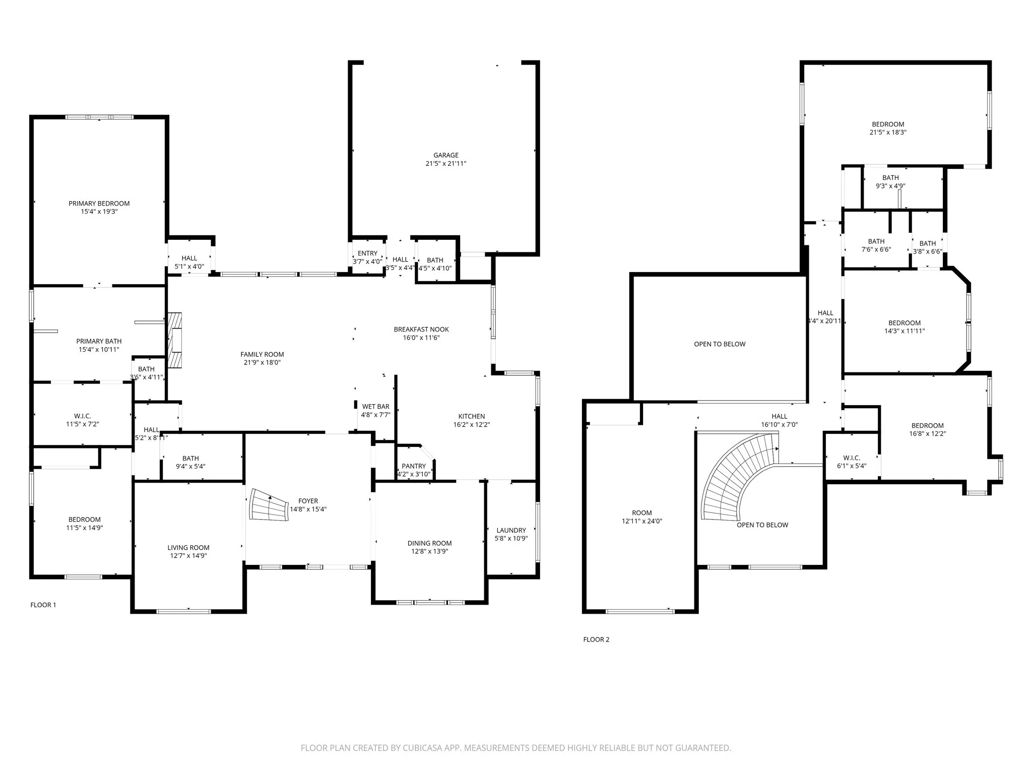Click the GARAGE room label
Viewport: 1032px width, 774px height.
coord(446,155)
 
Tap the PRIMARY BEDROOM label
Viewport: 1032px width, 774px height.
coord(99,204)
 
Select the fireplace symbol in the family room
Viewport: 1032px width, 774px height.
coord(175,340)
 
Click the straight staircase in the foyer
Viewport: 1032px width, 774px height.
coord(269,505)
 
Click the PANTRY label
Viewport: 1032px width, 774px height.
coord(414,466)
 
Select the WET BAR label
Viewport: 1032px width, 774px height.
coord(375,407)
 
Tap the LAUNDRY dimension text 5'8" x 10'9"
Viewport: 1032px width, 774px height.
coord(511,538)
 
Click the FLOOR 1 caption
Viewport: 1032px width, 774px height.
coord(43,605)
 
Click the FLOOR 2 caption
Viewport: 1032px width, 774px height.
coord(596,639)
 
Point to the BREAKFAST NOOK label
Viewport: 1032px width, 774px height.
coord(421,330)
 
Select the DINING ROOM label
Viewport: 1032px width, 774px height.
coord(429,543)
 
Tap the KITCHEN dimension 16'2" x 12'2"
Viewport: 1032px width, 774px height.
coord(472,424)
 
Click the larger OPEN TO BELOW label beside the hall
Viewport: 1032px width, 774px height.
coord(720,344)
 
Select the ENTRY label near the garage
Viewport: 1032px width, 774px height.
coord(367,253)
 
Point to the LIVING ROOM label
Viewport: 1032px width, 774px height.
coord(188,548)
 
